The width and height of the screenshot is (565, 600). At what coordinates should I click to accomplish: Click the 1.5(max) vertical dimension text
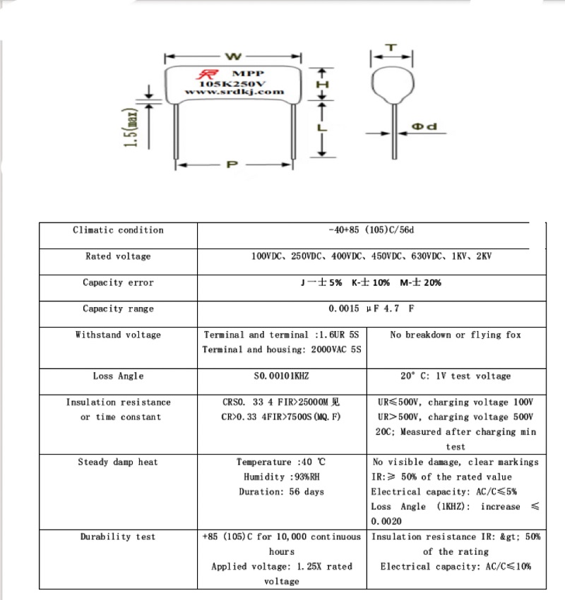coord(130,128)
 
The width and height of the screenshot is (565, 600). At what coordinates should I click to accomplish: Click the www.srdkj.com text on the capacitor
coord(234,92)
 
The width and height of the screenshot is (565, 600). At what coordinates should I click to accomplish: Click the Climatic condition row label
coord(118,230)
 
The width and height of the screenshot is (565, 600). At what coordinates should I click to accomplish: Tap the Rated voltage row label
coord(118,256)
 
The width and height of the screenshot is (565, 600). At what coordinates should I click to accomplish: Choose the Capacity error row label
coord(118,282)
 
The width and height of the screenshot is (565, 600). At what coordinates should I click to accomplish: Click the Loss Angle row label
coord(118,376)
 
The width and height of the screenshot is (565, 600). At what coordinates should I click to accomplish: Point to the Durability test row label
coord(118,537)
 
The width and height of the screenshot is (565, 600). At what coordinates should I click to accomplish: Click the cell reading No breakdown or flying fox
coord(456,335)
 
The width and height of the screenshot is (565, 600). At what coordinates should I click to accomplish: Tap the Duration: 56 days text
coord(281,492)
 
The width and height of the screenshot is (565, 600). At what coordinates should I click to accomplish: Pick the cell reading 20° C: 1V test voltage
coord(456,376)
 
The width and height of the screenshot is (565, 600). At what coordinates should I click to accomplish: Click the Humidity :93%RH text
coord(281,477)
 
